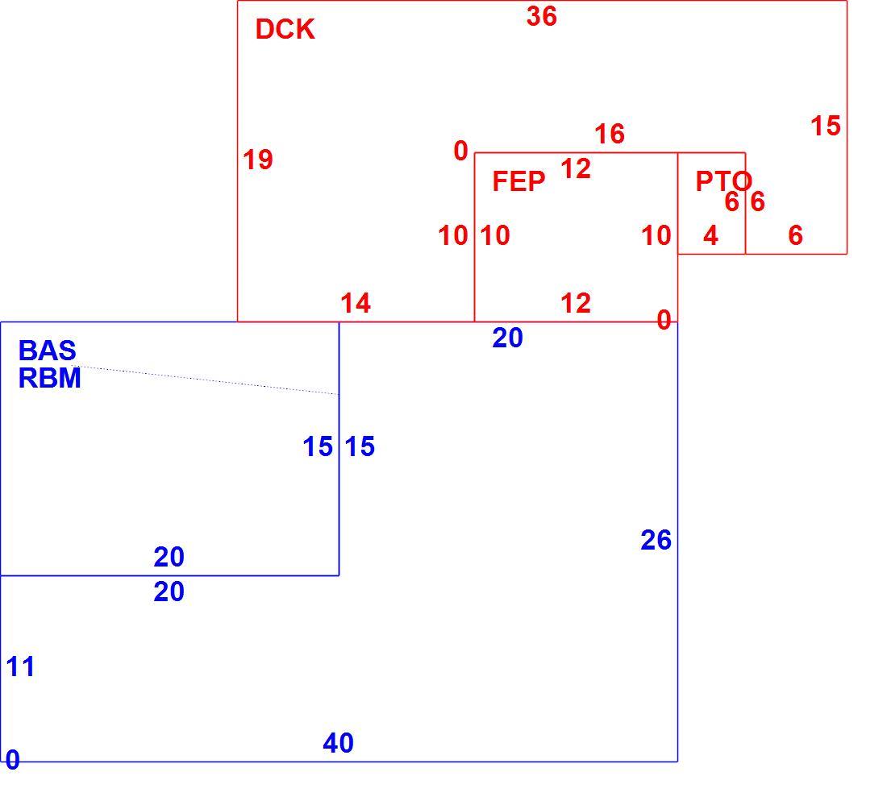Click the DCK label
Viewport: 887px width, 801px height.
click(285, 29)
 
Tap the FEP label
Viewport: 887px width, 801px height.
click(518, 181)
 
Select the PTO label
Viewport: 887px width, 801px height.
click(723, 181)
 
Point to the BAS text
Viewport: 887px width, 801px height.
click(47, 351)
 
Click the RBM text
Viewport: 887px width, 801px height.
click(50, 378)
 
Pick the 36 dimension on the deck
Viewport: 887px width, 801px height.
click(541, 16)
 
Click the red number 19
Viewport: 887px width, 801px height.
click(258, 160)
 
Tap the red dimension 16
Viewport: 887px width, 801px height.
click(610, 134)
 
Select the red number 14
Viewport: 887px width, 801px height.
click(356, 304)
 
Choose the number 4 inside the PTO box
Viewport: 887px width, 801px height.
click(710, 235)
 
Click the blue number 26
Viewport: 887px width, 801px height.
click(656, 540)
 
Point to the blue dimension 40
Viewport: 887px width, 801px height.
click(338, 743)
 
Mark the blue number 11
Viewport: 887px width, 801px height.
click(20, 666)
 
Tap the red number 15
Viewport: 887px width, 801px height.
click(826, 126)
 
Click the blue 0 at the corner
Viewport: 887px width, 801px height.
click(12, 760)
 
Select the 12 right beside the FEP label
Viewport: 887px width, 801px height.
click(576, 168)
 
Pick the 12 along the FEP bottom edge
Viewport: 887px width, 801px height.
click(576, 303)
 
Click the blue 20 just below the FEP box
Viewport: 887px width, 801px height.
click(507, 338)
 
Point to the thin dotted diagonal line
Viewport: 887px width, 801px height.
click(206, 380)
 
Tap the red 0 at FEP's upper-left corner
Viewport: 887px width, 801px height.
click(461, 151)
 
